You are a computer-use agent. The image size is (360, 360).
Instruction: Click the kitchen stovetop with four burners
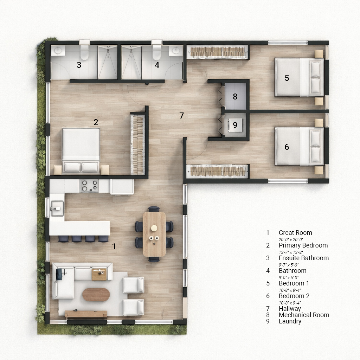tap(89, 186)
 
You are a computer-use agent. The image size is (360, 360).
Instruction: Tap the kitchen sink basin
tap(57, 208)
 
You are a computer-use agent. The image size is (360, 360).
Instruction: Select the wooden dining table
tap(154, 234)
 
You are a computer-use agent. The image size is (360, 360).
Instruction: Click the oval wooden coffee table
tap(96, 295)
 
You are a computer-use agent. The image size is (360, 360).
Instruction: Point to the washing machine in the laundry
tap(235, 125)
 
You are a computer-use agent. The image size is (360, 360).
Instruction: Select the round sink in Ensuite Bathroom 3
tap(58, 50)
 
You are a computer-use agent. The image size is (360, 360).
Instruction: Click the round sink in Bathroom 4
tap(176, 50)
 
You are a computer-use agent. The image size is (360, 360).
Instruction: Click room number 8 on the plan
tap(235, 96)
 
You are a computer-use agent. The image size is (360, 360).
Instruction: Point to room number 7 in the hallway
tap(182, 115)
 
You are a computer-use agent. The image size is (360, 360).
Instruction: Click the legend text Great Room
tap(295, 233)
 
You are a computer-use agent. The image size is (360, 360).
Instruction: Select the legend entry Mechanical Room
tap(304, 315)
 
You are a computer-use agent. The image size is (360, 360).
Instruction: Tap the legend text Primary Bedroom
tap(303, 245)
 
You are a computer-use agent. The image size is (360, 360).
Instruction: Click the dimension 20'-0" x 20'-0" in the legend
tap(291, 240)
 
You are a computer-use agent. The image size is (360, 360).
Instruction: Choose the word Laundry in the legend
tap(290, 321)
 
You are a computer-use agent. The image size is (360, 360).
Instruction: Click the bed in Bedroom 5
tap(300, 77)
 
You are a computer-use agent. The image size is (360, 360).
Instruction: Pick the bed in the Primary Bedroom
tap(81, 150)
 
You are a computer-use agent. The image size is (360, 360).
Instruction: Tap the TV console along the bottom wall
tap(86, 314)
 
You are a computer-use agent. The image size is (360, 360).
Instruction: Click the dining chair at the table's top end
tap(154, 209)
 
